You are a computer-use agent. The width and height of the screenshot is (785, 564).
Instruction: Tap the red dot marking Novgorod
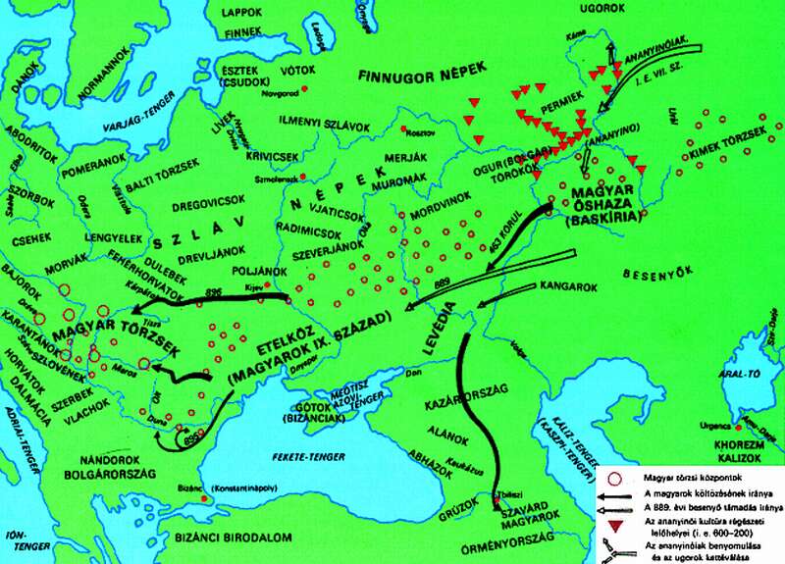pos(306,89)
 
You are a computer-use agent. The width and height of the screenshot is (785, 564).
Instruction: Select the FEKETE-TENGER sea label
pos(305,457)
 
